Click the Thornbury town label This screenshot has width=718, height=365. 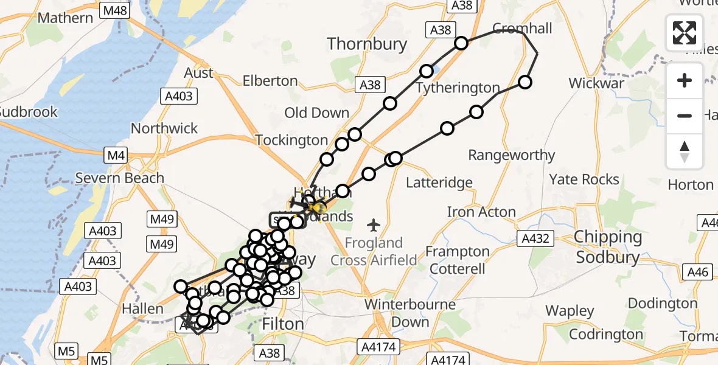[366, 44]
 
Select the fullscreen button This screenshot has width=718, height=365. [685, 33]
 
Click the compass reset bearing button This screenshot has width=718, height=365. [685, 151]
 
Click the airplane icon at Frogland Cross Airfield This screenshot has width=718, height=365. [374, 225]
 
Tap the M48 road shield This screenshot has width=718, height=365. [115, 10]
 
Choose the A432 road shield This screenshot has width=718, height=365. [532, 239]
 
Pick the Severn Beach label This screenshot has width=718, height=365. [120, 178]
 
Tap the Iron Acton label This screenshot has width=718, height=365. [481, 212]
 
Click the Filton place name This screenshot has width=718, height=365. [282, 324]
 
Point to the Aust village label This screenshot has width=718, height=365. [198, 73]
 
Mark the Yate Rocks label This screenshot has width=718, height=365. [584, 179]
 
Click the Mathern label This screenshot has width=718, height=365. [65, 18]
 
